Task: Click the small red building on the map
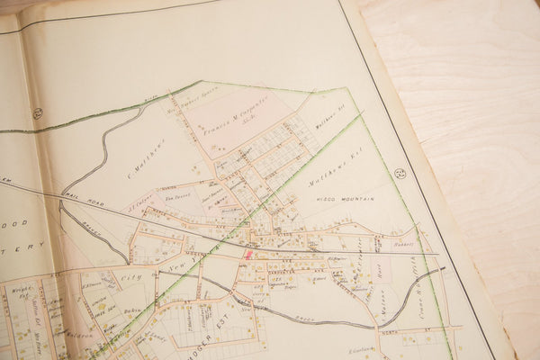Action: [248, 255]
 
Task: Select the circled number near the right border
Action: [400, 173]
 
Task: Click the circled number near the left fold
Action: [38, 112]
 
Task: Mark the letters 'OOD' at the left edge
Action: [18, 222]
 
